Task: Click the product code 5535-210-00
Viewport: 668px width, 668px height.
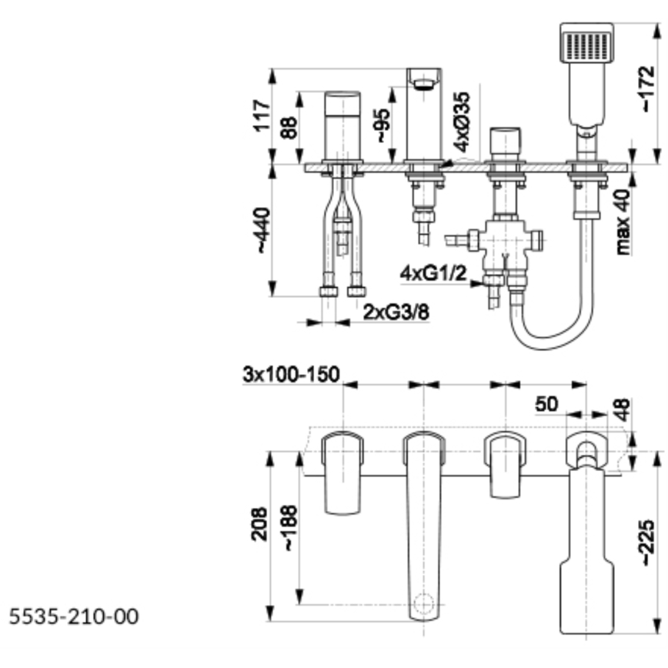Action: pyautogui.click(x=75, y=617)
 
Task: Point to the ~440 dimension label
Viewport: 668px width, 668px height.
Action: pyautogui.click(x=262, y=230)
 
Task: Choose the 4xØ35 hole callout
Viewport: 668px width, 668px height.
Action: pyautogui.click(x=462, y=121)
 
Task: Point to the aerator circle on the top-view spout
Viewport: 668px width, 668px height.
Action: pyautogui.click(x=423, y=602)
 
